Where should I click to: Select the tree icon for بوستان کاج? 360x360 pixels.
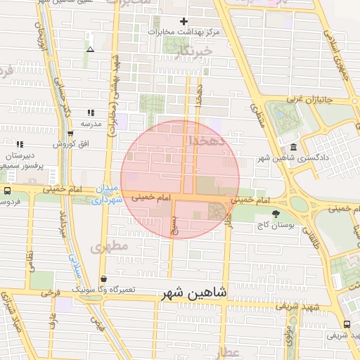[x=275, y=214]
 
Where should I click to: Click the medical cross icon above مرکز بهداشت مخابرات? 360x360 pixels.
[x=184, y=22]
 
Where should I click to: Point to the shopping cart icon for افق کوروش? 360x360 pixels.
[x=70, y=133]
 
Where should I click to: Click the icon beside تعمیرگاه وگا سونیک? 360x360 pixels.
[x=104, y=278]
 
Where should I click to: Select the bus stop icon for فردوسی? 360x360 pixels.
[x=7, y=191]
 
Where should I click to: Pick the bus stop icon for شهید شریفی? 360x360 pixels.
[x=347, y=324]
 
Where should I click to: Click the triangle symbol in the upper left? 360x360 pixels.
[x=90, y=49]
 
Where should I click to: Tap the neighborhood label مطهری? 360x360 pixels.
[x=107, y=246]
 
